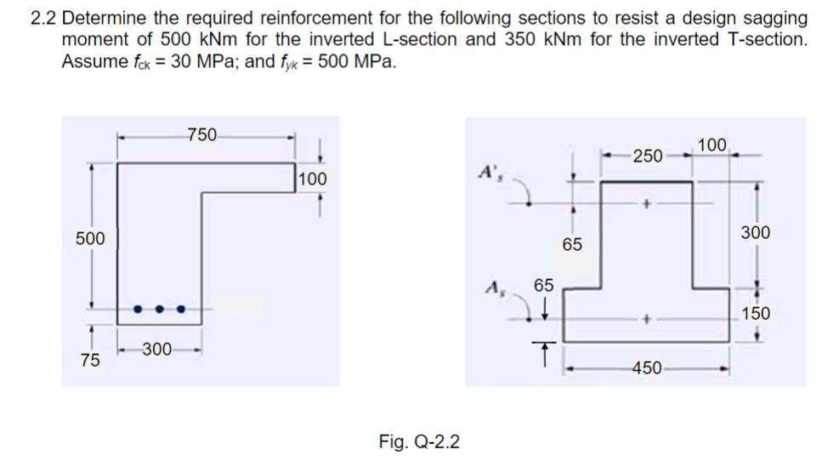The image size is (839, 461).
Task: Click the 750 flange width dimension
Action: pyautogui.click(x=202, y=134)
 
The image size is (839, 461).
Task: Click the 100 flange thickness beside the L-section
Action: pyautogui.click(x=313, y=179)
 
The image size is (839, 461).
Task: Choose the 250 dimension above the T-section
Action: pyautogui.click(x=647, y=156)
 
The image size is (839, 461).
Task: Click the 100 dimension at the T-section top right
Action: pyautogui.click(x=712, y=145)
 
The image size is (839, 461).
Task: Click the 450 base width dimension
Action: pyautogui.click(x=648, y=368)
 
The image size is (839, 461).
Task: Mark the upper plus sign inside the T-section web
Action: pyautogui.click(x=648, y=204)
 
